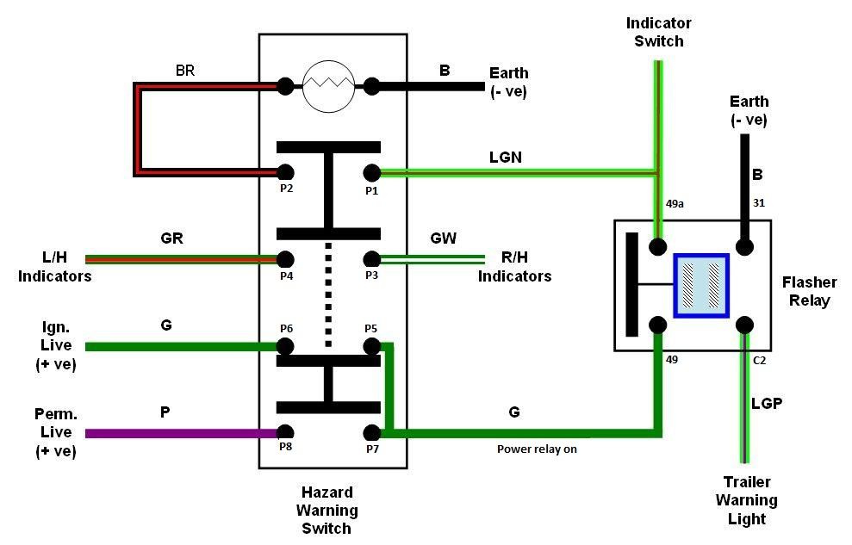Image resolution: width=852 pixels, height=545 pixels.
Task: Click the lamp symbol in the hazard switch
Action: pyautogui.click(x=329, y=86)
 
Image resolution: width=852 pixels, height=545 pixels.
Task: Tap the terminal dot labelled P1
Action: pyautogui.click(x=371, y=173)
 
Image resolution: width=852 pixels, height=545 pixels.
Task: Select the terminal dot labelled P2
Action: pyautogui.click(x=286, y=173)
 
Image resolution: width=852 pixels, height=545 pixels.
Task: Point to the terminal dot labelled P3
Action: pyautogui.click(x=371, y=259)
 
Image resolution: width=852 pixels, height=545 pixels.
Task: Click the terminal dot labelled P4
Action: pyautogui.click(x=286, y=259)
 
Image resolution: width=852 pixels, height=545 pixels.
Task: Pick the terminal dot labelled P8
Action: pyautogui.click(x=286, y=432)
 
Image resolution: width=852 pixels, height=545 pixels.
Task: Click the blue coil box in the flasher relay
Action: pyautogui.click(x=701, y=286)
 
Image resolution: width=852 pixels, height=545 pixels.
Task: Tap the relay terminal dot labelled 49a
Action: pyautogui.click(x=658, y=247)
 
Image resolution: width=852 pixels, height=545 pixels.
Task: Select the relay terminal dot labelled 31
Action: pyautogui.click(x=744, y=247)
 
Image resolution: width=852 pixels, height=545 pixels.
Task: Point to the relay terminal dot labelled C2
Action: pyautogui.click(x=744, y=325)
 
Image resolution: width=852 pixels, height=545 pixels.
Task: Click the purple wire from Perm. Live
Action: pyautogui.click(x=183, y=433)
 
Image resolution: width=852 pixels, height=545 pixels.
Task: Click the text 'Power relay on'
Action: pyautogui.click(x=537, y=449)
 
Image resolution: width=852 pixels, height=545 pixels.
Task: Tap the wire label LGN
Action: pyautogui.click(x=506, y=158)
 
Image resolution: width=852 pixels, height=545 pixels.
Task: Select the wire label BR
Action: pyautogui.click(x=185, y=71)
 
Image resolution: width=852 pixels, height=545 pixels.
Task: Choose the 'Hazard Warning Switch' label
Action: pyautogui.click(x=327, y=511)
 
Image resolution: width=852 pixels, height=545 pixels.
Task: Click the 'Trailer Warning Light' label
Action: pyautogui.click(x=747, y=500)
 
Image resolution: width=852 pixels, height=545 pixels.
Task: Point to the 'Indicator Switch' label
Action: pyautogui.click(x=658, y=32)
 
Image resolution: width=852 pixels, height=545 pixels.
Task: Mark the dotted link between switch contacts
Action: pyautogui.click(x=328, y=294)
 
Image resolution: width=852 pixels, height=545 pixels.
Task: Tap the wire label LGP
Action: pyautogui.click(x=767, y=403)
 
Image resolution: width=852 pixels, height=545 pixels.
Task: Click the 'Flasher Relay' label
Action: pyautogui.click(x=810, y=292)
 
